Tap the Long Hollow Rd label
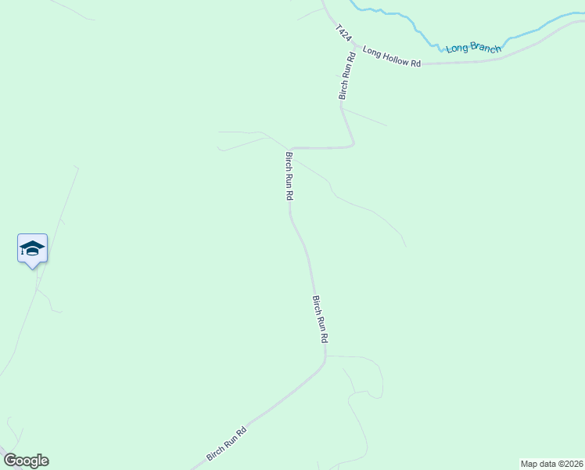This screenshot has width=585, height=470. (392, 57)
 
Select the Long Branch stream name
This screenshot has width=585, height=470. (473, 49)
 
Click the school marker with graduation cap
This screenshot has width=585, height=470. (33, 248)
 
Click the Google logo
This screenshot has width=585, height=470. (26, 461)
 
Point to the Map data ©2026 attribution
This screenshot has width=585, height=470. (551, 464)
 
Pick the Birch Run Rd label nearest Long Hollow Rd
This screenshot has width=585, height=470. (346, 75)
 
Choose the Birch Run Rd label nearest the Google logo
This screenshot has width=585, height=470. (227, 443)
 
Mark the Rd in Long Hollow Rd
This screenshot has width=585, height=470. (415, 61)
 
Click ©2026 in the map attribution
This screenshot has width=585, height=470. (569, 464)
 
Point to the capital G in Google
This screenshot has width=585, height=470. (10, 461)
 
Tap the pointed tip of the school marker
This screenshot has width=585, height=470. (33, 268)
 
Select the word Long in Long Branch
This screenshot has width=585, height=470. (457, 49)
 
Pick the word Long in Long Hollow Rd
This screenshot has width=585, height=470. (371, 53)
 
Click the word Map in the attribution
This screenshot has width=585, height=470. (529, 464)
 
